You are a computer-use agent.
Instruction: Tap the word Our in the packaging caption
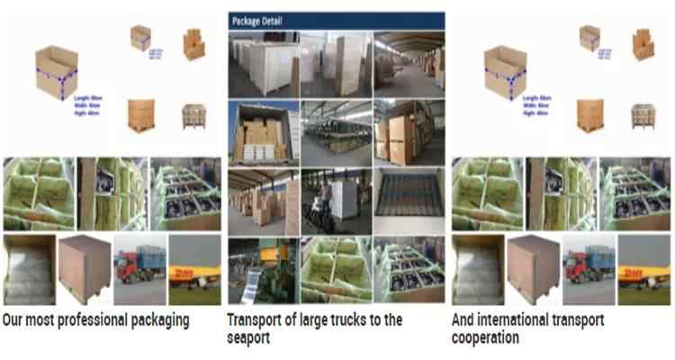(13, 319)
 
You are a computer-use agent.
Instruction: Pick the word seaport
(248, 338)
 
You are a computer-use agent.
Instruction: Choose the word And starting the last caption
(464, 319)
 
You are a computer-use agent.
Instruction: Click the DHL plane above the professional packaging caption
(194, 269)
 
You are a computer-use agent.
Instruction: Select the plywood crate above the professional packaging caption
(84, 269)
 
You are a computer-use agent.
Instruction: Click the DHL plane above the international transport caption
(644, 269)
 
